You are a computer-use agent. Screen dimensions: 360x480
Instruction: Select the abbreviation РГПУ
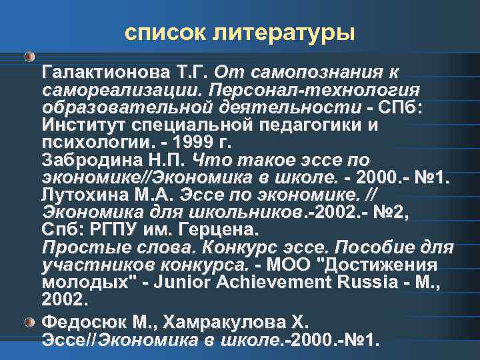[123, 230]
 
